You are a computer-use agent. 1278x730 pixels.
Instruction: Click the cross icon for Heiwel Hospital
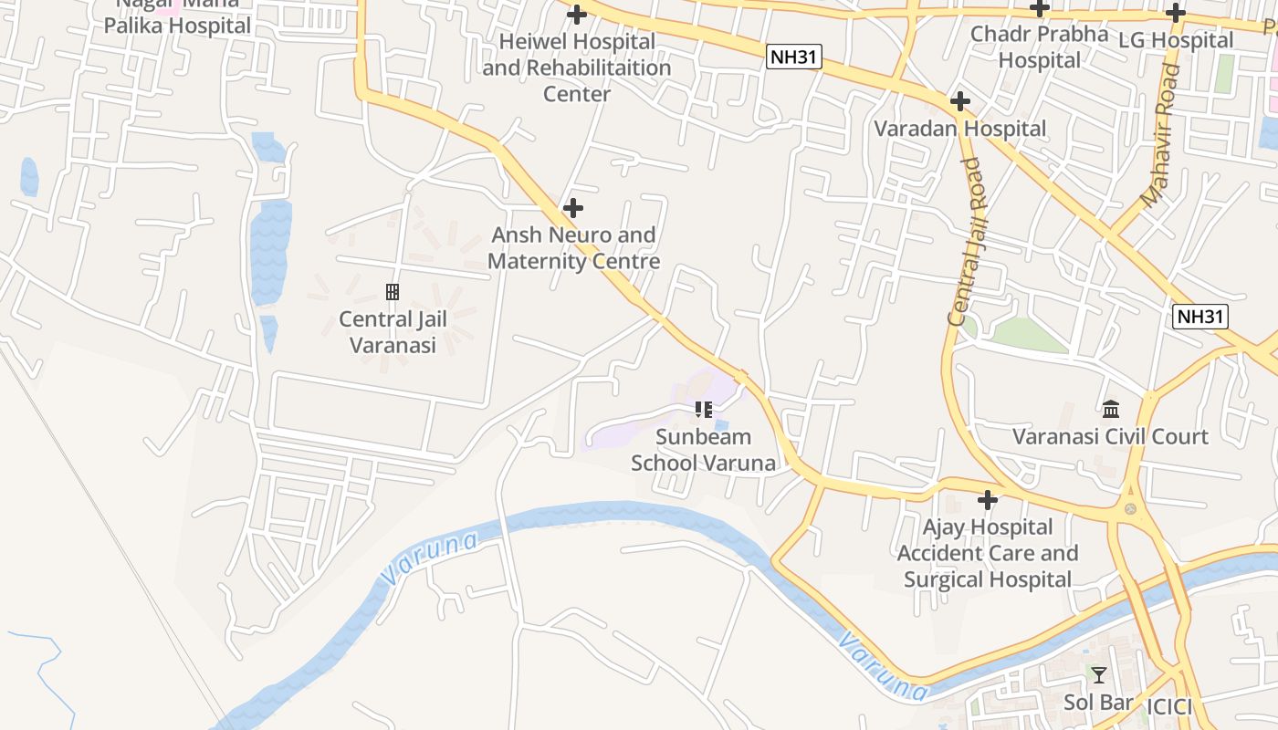(x=576, y=15)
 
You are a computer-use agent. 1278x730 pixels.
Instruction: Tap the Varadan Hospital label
(x=960, y=129)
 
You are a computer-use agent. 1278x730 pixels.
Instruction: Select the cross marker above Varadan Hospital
(x=959, y=101)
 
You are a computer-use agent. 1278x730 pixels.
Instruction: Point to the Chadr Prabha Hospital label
(x=1039, y=47)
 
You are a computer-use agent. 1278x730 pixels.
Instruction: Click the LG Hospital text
(x=1176, y=40)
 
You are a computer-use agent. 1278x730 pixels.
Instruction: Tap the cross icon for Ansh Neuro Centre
(x=572, y=208)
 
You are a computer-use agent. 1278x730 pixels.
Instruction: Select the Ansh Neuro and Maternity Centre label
(x=573, y=248)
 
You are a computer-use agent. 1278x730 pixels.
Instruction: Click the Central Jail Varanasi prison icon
(x=393, y=292)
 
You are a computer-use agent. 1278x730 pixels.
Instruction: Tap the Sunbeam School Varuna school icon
(x=703, y=410)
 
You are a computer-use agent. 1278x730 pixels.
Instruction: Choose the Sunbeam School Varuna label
(x=703, y=450)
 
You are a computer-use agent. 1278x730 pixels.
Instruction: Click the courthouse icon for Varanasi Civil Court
(x=1111, y=409)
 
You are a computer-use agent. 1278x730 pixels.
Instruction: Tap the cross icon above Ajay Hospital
(x=987, y=500)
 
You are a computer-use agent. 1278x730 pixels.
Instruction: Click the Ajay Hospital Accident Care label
(x=988, y=553)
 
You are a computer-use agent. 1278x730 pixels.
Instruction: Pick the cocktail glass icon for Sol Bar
(x=1098, y=675)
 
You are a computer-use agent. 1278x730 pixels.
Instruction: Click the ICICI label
(x=1169, y=706)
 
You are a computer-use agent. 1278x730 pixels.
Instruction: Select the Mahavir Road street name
(x=1161, y=137)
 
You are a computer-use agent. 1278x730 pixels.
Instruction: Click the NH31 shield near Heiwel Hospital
(x=794, y=57)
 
